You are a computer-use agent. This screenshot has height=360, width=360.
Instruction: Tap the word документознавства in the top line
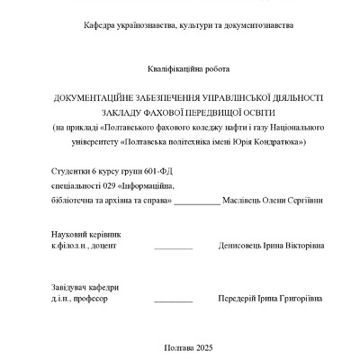coord(255,26)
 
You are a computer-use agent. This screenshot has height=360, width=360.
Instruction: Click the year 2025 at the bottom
coord(204,347)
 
